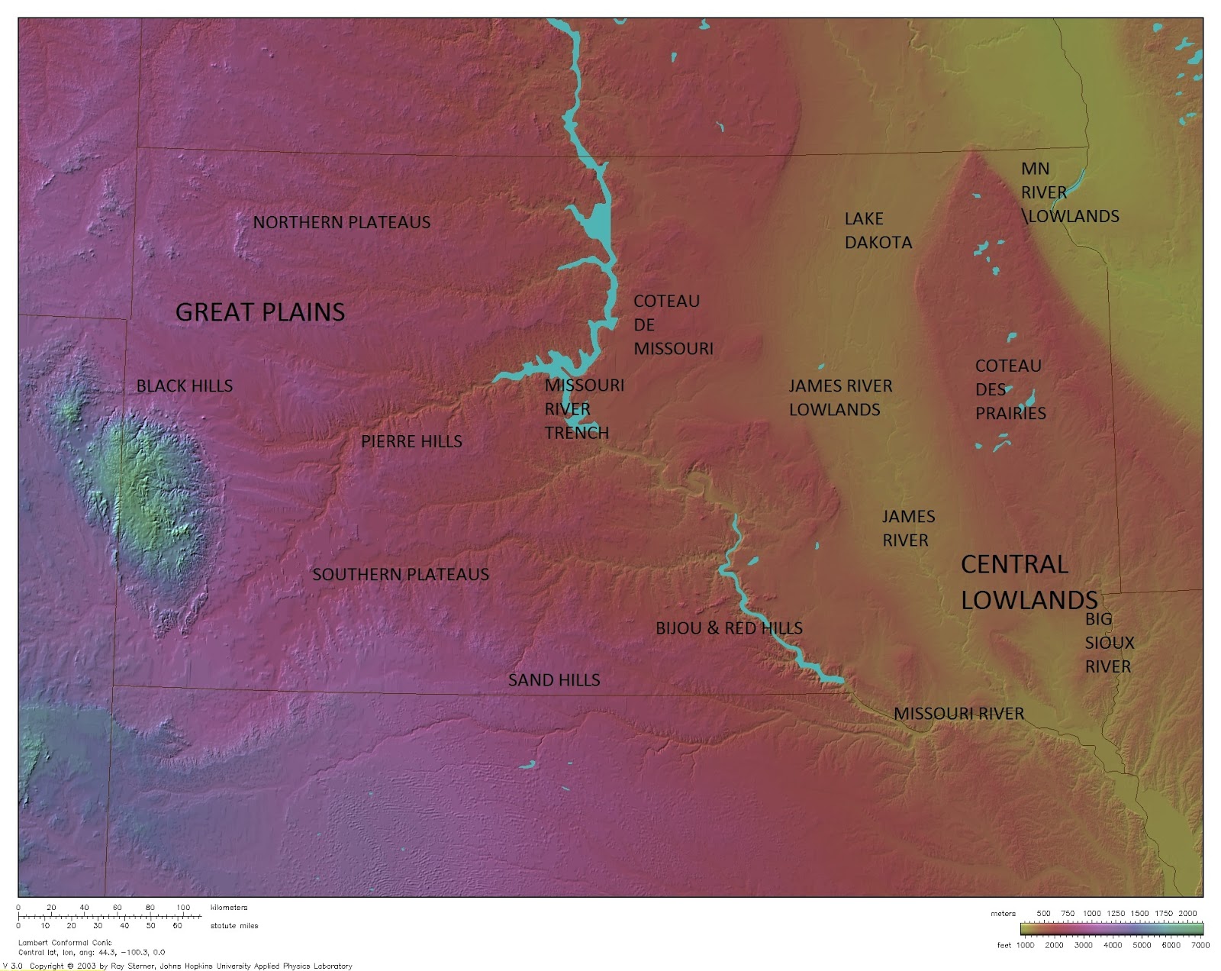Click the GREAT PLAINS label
click(260, 312)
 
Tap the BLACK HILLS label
click(185, 386)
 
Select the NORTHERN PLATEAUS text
click(341, 223)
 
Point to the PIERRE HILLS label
click(411, 442)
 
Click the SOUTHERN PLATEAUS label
click(401, 575)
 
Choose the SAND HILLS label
click(554, 680)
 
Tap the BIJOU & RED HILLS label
click(729, 628)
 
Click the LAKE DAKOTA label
click(878, 231)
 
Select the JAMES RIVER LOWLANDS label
click(840, 398)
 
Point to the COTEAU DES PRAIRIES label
click(1010, 389)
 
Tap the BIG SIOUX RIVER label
click(1109, 643)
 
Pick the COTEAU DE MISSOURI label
click(672, 325)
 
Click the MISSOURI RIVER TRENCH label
click(583, 409)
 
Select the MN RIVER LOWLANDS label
click(1068, 192)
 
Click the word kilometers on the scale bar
click(229, 908)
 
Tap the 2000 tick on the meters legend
click(1187, 913)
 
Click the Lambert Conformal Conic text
click(65, 943)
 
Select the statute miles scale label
click(234, 926)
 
